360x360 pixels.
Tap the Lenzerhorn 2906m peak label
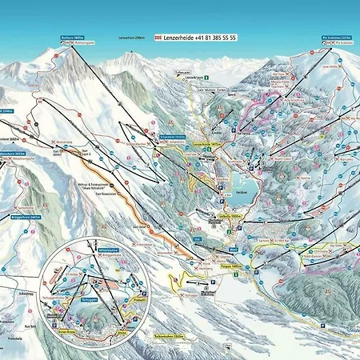pyautogui.click(x=132, y=38)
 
